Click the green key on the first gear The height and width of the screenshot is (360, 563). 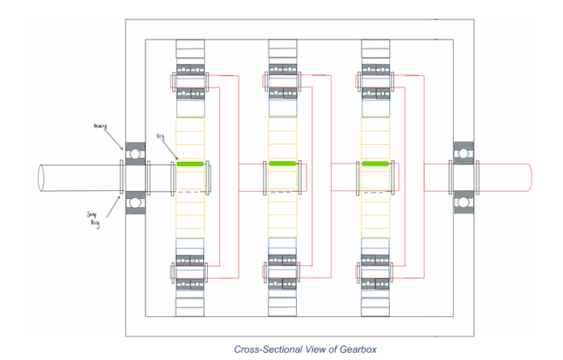(x=189, y=164)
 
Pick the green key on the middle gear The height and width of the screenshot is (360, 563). (x=282, y=163)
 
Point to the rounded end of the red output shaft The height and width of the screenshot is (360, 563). (x=529, y=176)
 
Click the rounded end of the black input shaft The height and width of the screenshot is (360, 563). (x=40, y=176)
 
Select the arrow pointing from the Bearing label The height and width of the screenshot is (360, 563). (x=117, y=139)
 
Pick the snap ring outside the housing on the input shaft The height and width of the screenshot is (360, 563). (x=121, y=176)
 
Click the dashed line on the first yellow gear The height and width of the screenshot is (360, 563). (x=189, y=192)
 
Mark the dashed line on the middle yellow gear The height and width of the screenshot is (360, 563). (x=282, y=193)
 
